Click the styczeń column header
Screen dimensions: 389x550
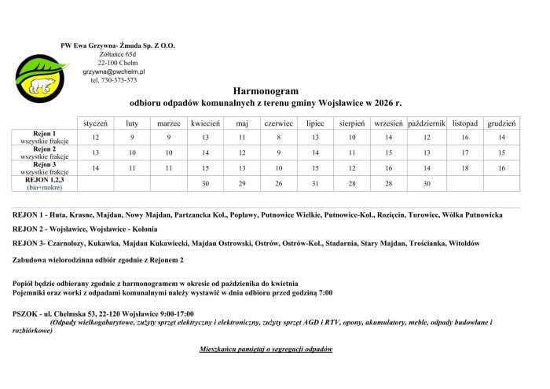tap(96, 123)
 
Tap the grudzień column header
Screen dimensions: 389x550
tap(501, 123)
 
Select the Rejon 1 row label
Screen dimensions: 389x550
tap(45, 134)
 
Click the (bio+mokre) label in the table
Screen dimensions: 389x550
tap(45, 188)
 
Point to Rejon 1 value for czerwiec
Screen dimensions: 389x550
tap(278, 138)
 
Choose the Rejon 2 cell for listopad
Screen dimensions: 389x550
tap(465, 152)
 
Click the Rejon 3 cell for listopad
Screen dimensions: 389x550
tap(465, 168)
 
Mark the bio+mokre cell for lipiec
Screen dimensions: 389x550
tap(315, 183)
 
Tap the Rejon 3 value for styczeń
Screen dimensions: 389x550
tap(96, 168)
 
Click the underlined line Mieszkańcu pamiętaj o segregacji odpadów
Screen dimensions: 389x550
tap(266, 348)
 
